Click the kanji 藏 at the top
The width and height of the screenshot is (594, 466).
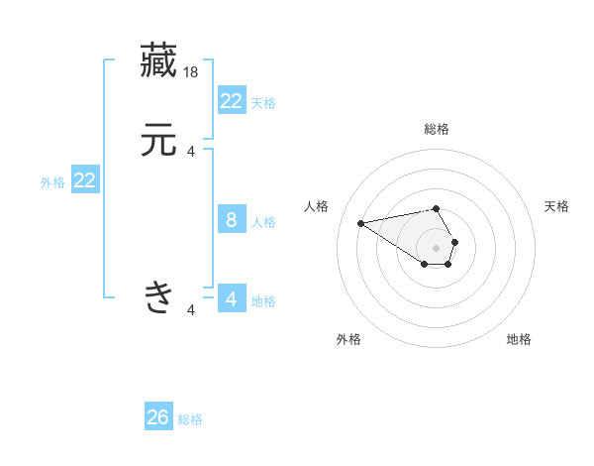[158, 59]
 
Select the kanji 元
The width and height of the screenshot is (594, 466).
[158, 141]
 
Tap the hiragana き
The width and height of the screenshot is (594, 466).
[158, 295]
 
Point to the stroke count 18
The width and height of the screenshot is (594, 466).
[192, 71]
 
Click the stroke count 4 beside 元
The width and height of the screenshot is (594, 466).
[191, 152]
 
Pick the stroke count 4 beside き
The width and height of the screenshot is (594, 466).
[191, 310]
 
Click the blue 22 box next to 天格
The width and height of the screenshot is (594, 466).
[231, 100]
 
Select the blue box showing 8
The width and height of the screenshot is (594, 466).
[231, 220]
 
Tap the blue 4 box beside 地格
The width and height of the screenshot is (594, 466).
[231, 299]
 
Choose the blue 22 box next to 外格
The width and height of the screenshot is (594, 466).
[85, 180]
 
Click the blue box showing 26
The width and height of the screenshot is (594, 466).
[158, 417]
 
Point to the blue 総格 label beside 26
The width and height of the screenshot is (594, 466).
[190, 419]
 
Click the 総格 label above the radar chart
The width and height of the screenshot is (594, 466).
[437, 129]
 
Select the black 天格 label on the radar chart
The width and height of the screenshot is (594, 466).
[556, 206]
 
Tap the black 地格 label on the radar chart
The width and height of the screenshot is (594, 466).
[519, 339]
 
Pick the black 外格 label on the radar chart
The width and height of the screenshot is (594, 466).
[348, 339]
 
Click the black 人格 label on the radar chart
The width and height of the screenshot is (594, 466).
[317, 206]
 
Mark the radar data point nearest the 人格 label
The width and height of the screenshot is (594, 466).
[360, 222]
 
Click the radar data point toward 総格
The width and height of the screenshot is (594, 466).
[437, 208]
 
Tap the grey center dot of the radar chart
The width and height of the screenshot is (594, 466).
[437, 247]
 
